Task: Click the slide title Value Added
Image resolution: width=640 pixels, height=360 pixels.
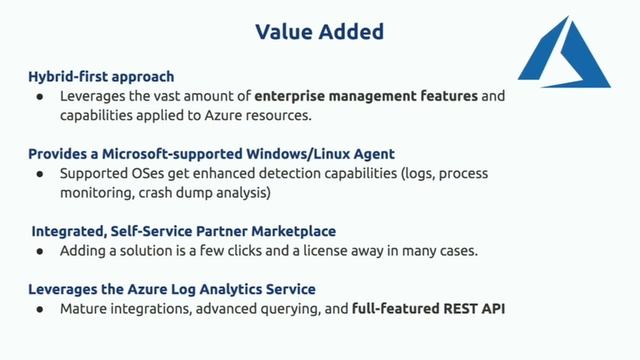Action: coord(319,32)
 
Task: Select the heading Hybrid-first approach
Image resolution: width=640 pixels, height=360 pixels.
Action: coord(101,76)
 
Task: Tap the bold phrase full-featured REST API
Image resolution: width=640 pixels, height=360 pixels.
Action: coord(428,309)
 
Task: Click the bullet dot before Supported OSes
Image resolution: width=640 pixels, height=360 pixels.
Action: coord(39,175)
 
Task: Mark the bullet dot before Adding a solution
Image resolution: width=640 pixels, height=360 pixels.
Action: coord(39,252)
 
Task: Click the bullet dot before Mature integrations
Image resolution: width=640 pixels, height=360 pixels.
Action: coord(39,310)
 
